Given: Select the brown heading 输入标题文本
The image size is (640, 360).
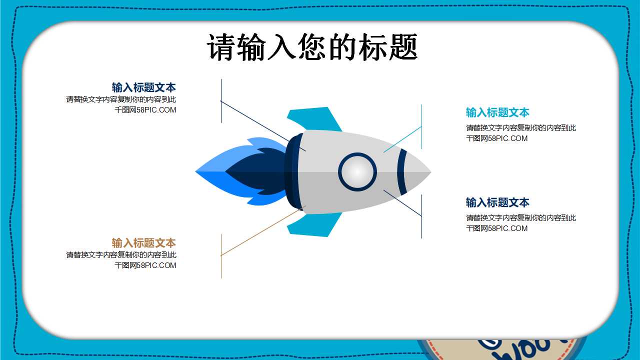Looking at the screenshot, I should (x=144, y=243).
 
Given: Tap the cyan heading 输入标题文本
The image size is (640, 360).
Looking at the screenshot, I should (x=497, y=112).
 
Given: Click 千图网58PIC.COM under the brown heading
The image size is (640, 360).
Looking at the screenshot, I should (x=145, y=265).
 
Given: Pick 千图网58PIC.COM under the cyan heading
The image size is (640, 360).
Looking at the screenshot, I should (x=497, y=138).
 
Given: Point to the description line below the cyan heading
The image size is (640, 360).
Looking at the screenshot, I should (x=521, y=128).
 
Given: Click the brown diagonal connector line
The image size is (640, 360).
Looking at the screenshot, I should (x=260, y=232).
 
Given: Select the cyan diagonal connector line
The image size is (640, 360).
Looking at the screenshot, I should (x=402, y=139).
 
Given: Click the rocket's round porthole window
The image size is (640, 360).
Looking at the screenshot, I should (x=357, y=172).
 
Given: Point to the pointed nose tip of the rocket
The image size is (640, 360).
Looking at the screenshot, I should (x=429, y=172).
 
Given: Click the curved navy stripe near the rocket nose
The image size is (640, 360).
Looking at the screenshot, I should (x=401, y=172).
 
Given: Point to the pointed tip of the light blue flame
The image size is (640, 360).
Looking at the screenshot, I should (x=197, y=172).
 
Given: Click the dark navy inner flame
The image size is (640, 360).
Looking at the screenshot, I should (x=255, y=172).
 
